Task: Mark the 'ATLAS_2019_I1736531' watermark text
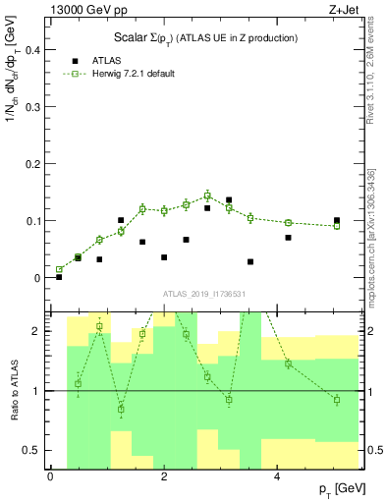point(205,293)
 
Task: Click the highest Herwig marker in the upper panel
point(207,196)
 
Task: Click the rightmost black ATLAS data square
point(337,221)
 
